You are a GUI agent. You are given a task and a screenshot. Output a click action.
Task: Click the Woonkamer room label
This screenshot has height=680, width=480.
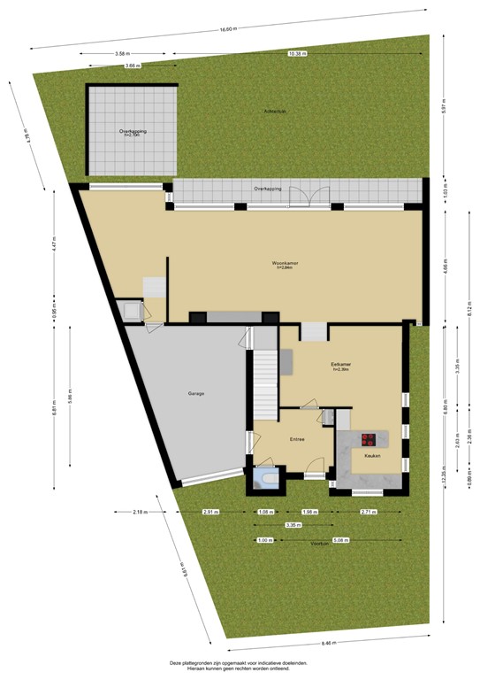[283, 265]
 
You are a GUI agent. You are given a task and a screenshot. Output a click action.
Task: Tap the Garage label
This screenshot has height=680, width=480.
[196, 393]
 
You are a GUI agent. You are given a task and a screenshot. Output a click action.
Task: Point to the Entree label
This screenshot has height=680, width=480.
[297, 439]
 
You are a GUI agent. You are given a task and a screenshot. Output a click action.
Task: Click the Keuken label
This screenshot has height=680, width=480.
[361, 456]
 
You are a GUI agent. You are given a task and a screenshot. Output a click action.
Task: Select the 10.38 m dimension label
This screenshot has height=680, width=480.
[297, 54]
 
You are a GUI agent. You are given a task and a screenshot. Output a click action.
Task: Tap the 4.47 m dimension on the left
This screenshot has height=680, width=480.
[54, 245]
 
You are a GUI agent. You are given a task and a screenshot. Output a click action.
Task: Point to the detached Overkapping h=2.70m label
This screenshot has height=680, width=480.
[132, 133]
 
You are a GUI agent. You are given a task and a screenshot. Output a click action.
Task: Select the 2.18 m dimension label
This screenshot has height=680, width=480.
[141, 513]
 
